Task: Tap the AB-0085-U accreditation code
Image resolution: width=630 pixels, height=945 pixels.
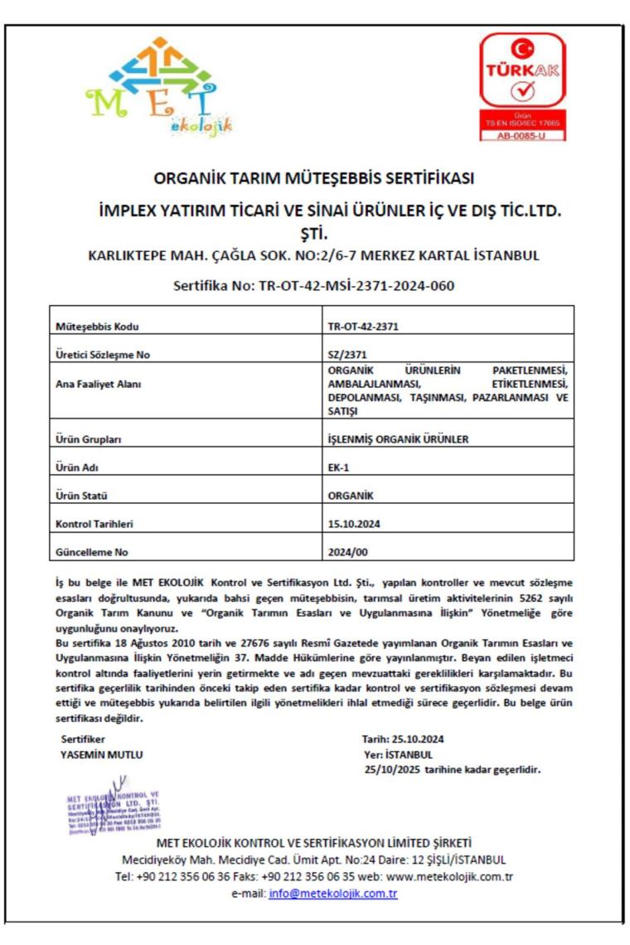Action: click(x=522, y=135)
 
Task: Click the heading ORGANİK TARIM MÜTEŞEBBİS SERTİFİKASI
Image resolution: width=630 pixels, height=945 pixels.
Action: click(x=314, y=178)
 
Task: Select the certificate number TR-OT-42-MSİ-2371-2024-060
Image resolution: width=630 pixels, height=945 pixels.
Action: click(x=314, y=286)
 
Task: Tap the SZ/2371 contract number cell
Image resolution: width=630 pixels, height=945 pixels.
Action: click(x=347, y=355)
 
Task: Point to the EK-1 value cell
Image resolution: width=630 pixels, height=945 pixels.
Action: click(x=339, y=468)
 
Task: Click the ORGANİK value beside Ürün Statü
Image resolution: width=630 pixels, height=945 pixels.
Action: click(x=351, y=496)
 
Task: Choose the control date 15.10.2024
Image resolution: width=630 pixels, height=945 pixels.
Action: click(x=354, y=524)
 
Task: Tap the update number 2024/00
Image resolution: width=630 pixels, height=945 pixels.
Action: click(x=349, y=552)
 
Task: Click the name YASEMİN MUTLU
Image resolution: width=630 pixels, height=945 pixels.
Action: click(x=102, y=754)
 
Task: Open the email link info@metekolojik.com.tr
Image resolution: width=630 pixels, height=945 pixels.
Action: click(x=333, y=894)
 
